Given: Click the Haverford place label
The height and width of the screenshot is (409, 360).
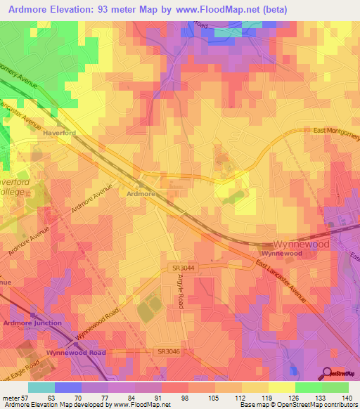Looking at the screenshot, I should [58, 131].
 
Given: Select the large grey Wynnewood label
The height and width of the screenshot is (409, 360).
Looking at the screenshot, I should [302, 244].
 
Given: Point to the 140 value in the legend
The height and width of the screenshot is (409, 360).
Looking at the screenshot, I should [348, 398].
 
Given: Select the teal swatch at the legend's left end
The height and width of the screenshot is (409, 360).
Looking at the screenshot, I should [41, 387].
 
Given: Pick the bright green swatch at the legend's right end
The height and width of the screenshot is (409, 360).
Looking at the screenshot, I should [335, 387].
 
